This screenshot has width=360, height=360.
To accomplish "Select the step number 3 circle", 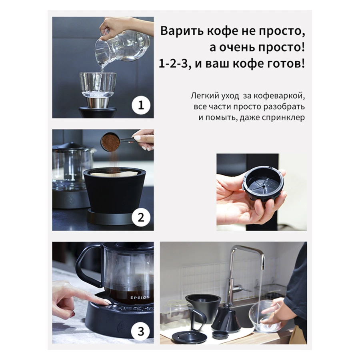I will (x=141, y=331).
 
